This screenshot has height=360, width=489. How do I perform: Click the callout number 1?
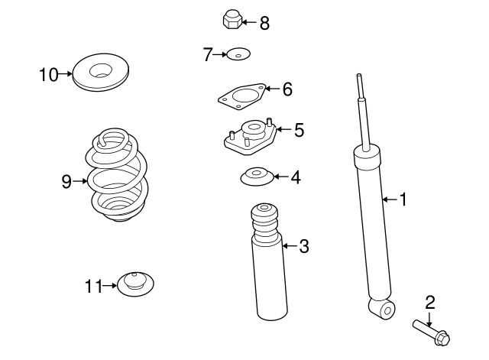coord(403,200)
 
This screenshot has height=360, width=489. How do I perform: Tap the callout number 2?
coord(429,302)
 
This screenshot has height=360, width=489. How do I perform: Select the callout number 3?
coord(303,246)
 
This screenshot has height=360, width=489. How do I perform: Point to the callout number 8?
coord(264,23)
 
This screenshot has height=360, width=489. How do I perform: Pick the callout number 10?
coord(48,74)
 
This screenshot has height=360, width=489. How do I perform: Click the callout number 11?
coord(92,287)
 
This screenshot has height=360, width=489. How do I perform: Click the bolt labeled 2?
coord(432,330)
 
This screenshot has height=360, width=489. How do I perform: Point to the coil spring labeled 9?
coord(115,181)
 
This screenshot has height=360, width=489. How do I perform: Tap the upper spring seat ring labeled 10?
coord(100,73)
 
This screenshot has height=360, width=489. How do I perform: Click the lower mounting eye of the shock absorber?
coord(383,308)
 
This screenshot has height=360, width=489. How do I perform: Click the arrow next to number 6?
coord(271,89)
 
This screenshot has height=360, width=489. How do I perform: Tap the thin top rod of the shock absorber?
coord(363,107)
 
